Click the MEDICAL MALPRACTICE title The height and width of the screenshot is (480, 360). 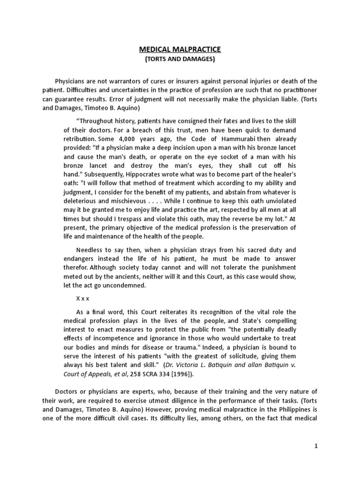(180, 49)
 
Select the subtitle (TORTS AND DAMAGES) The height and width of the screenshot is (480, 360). (180, 60)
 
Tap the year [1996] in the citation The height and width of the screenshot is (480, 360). (176, 374)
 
